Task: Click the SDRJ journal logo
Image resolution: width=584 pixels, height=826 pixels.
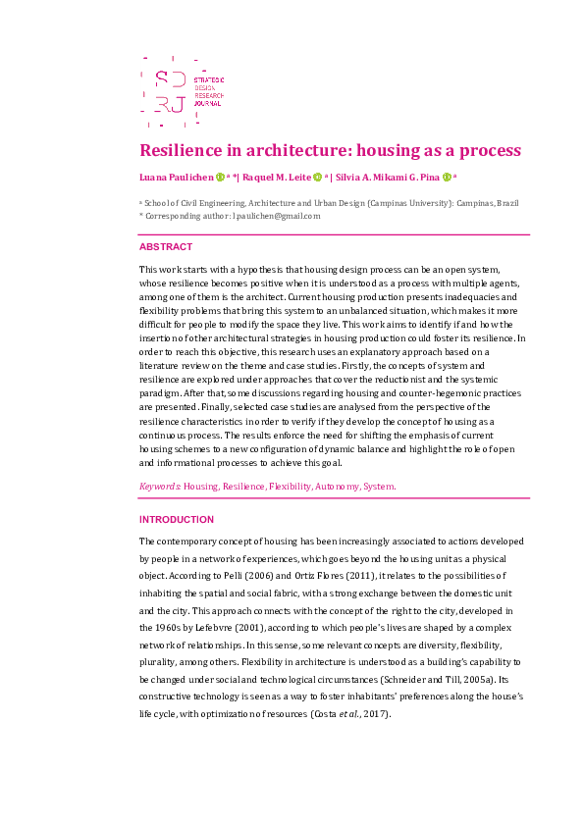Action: (183, 91)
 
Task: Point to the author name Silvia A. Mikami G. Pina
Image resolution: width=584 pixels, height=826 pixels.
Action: (386, 178)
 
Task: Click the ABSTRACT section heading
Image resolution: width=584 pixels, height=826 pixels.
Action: (166, 247)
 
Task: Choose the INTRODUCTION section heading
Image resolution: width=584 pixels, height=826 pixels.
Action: (177, 519)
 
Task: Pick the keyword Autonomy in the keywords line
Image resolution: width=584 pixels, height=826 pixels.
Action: (334, 486)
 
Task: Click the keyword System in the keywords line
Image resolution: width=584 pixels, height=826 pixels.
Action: (379, 486)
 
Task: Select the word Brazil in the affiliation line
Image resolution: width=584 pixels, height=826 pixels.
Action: (508, 203)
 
